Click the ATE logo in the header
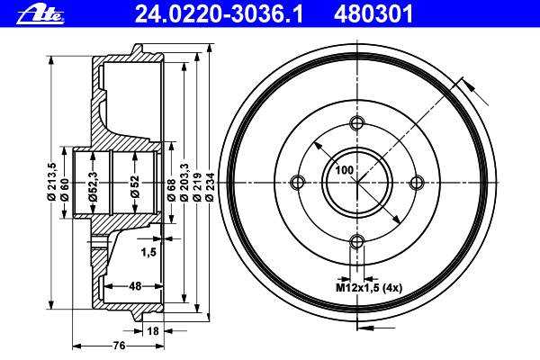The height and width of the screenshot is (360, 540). click(40, 15)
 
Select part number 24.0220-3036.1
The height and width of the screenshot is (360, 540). click(219, 14)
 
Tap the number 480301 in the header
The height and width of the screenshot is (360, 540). click(373, 14)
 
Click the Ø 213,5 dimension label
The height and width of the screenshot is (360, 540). click(52, 182)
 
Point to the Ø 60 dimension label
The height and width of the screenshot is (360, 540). click(65, 190)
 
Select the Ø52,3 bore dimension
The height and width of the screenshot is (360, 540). click(93, 186)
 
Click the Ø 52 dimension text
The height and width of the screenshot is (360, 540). click(135, 186)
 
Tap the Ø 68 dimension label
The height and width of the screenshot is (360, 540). click(172, 190)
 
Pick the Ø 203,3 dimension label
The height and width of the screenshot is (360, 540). click(184, 182)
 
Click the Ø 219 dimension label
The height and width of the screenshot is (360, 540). click(196, 186)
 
